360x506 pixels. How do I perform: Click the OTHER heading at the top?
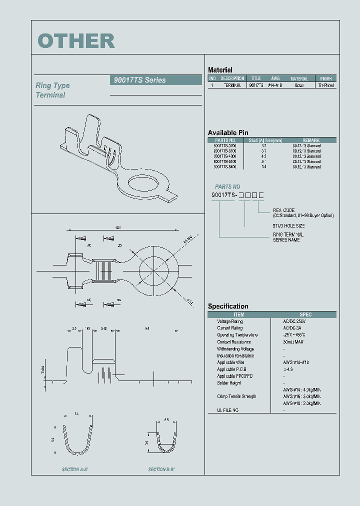tap(76, 41)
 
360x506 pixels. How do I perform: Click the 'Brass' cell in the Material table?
tap(299, 85)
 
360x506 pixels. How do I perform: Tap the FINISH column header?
tap(325, 78)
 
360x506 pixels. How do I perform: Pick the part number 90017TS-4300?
tap(225, 156)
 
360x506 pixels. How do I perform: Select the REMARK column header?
tap(310, 140)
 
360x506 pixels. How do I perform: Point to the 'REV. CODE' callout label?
tap(283, 210)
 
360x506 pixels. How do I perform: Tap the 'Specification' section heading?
tap(228, 306)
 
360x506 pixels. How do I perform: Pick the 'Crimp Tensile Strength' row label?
tap(236, 396)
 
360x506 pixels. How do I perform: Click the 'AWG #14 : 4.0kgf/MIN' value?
tap(301, 389)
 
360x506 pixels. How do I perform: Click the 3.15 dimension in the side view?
tap(103, 328)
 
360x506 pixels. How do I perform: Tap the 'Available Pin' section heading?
tap(228, 132)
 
